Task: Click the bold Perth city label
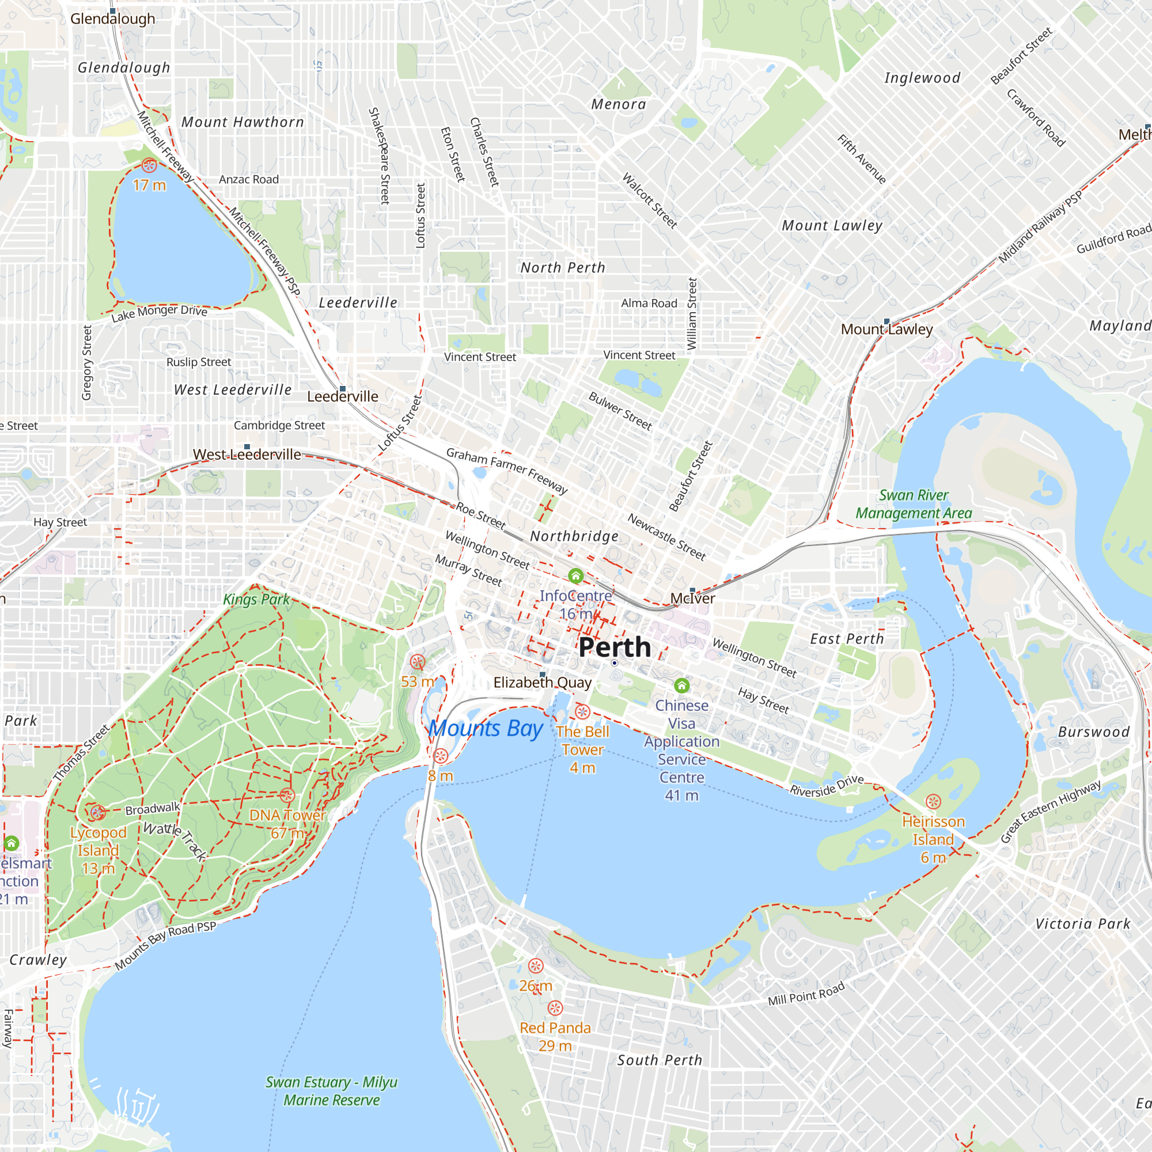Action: (614, 647)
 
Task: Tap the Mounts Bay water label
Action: (486, 728)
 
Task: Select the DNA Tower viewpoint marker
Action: (287, 795)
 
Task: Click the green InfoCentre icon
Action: (575, 576)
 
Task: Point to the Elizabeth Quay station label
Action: (542, 683)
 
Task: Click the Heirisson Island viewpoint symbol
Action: (933, 802)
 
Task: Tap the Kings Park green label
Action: (256, 599)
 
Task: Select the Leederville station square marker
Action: (342, 389)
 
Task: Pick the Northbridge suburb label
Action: (574, 536)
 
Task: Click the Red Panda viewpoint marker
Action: (555, 1007)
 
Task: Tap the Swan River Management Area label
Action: (914, 504)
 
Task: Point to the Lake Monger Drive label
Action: (159, 313)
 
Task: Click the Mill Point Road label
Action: (806, 994)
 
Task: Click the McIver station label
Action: (692, 598)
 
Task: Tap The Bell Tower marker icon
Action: (582, 711)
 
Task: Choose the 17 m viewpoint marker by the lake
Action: (149, 166)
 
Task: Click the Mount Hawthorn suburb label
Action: (242, 122)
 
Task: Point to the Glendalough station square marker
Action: (113, 11)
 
